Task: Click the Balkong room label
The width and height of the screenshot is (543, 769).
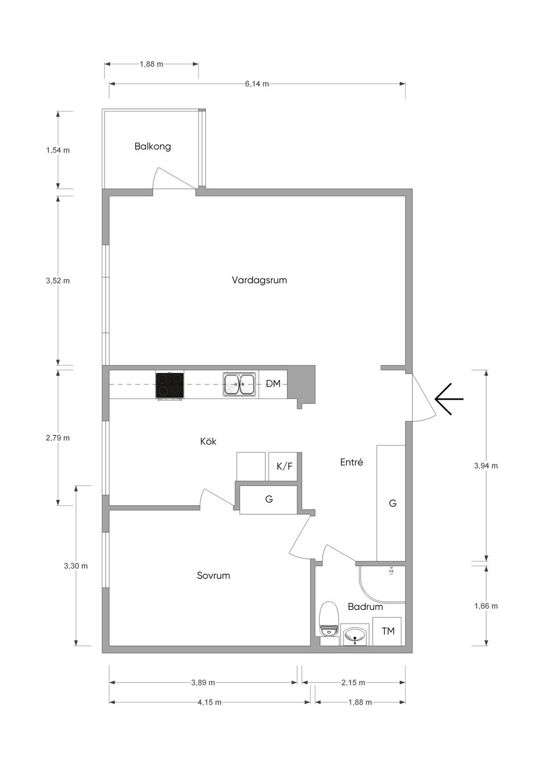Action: pos(152,146)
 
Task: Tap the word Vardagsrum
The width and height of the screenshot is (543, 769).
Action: pos(259,280)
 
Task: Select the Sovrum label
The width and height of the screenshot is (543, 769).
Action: pos(213,576)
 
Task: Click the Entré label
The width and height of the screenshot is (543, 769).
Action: pos(351,462)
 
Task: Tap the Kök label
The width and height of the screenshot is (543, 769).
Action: pos(208,441)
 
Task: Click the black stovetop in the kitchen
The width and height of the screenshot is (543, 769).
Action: pos(170,385)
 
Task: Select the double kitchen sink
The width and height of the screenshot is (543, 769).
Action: pos(240,384)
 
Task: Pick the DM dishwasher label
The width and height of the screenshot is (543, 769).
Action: pos(274,384)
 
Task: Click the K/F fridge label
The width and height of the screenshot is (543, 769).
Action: pos(284,466)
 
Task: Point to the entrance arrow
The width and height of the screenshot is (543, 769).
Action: pos(449,399)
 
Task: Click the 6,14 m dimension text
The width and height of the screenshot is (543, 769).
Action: pos(257,84)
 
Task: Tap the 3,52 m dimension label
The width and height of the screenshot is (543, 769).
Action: pos(58,280)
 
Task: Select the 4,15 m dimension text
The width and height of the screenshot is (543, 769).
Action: pos(209,702)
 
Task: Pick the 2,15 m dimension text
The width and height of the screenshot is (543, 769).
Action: pos(353,682)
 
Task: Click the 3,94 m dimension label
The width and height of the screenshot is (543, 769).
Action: pos(486,466)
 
